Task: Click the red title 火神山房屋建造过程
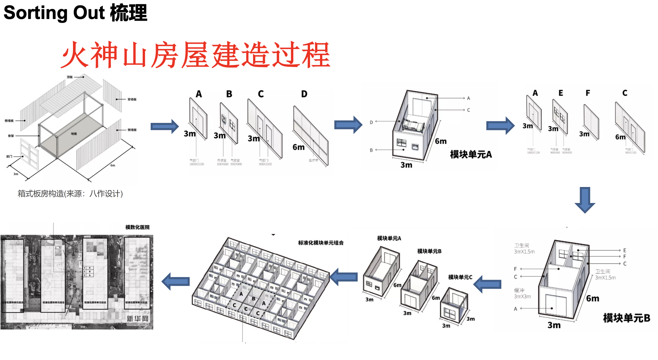click(196, 55)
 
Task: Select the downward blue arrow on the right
click(585, 200)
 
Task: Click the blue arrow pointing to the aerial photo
click(176, 281)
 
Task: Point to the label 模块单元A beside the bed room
click(471, 154)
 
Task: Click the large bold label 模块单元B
click(626, 318)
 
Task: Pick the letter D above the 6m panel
click(304, 94)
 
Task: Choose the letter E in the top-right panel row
click(561, 93)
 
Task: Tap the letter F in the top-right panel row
click(588, 93)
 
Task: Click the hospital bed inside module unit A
click(412, 126)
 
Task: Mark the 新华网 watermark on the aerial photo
click(137, 319)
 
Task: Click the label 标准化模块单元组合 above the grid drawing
click(321, 243)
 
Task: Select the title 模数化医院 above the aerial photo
click(137, 227)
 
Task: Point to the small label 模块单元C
click(460, 277)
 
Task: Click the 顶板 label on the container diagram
click(70, 77)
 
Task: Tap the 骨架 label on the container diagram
click(11, 136)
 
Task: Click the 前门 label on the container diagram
click(9, 156)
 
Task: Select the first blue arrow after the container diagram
click(165, 126)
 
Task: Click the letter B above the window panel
click(229, 94)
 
